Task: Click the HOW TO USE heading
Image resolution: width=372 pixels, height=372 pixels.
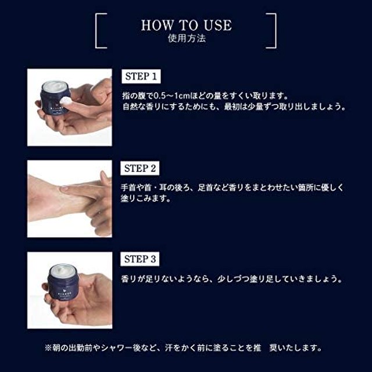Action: [x=185, y=25]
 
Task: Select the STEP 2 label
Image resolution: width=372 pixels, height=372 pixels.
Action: [x=143, y=169]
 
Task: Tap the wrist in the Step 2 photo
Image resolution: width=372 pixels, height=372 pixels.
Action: [x=49, y=192]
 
